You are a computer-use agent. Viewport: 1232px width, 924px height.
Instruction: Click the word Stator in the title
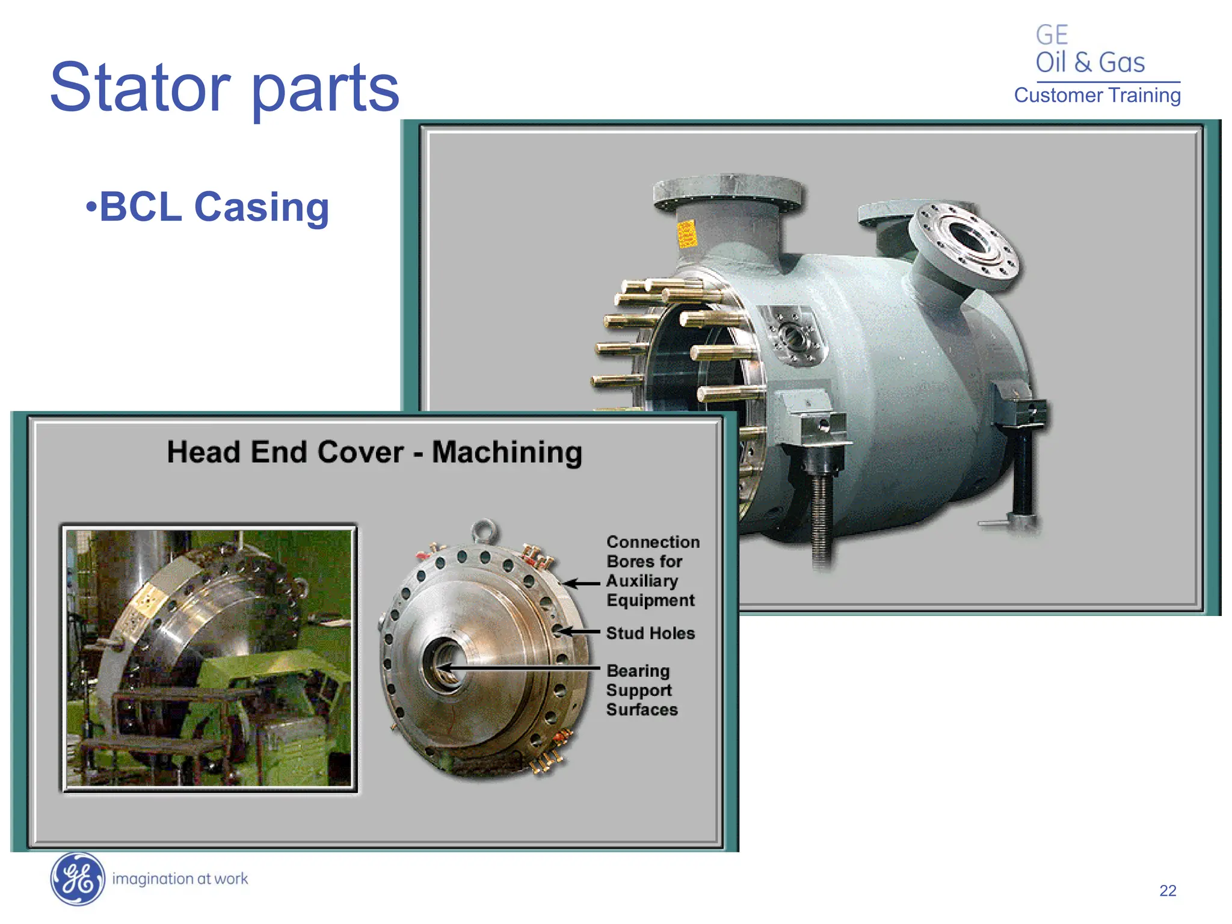pyautogui.click(x=140, y=88)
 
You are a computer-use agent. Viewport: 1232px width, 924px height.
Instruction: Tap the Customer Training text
pyautogui.click(x=1097, y=96)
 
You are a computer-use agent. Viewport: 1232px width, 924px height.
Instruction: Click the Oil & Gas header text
pyautogui.click(x=1089, y=63)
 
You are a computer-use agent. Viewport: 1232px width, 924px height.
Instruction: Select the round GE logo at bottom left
pyautogui.click(x=77, y=879)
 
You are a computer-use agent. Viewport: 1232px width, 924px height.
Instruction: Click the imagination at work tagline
pyautogui.click(x=180, y=879)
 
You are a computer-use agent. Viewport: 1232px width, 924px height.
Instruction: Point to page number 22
pyautogui.click(x=1167, y=891)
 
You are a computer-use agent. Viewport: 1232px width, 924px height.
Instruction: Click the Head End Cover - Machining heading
pyautogui.click(x=374, y=452)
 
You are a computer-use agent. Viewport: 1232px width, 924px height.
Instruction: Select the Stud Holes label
pyautogui.click(x=650, y=633)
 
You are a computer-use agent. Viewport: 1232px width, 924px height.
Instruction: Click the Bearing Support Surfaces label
pyautogui.click(x=641, y=690)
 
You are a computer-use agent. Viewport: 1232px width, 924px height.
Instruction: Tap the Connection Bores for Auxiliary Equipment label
pyautogui.click(x=652, y=571)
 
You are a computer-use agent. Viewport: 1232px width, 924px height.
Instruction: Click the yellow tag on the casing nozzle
pyautogui.click(x=686, y=233)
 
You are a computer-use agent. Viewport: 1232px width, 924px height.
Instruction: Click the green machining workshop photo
pyautogui.click(x=208, y=658)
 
